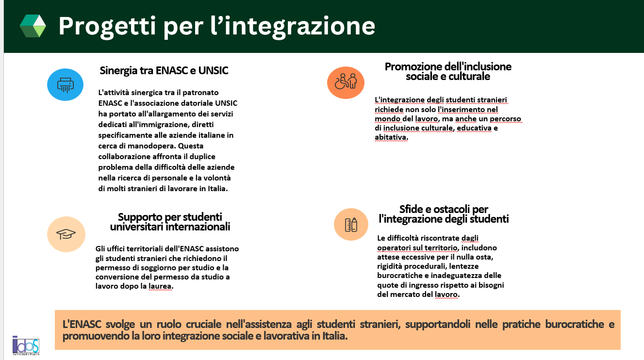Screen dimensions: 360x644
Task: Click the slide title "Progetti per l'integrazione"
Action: (x=216, y=26)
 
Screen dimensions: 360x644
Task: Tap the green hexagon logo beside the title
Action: (x=33, y=26)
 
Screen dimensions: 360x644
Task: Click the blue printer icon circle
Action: (x=65, y=85)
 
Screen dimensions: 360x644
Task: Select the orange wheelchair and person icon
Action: (x=345, y=82)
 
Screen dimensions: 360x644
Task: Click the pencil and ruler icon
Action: (x=351, y=224)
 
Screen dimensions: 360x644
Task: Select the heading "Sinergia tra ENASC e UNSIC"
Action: (x=164, y=71)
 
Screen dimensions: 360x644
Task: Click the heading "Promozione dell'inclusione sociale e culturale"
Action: (x=448, y=71)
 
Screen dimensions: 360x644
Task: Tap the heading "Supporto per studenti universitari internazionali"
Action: (x=170, y=222)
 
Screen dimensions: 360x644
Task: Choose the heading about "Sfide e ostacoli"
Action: (x=444, y=214)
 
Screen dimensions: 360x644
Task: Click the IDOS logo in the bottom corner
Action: (x=26, y=345)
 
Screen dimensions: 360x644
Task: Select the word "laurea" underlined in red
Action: (x=163, y=286)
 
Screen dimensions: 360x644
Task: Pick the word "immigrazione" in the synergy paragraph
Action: (x=161, y=124)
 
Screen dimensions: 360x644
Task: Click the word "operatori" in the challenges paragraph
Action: (x=394, y=248)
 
